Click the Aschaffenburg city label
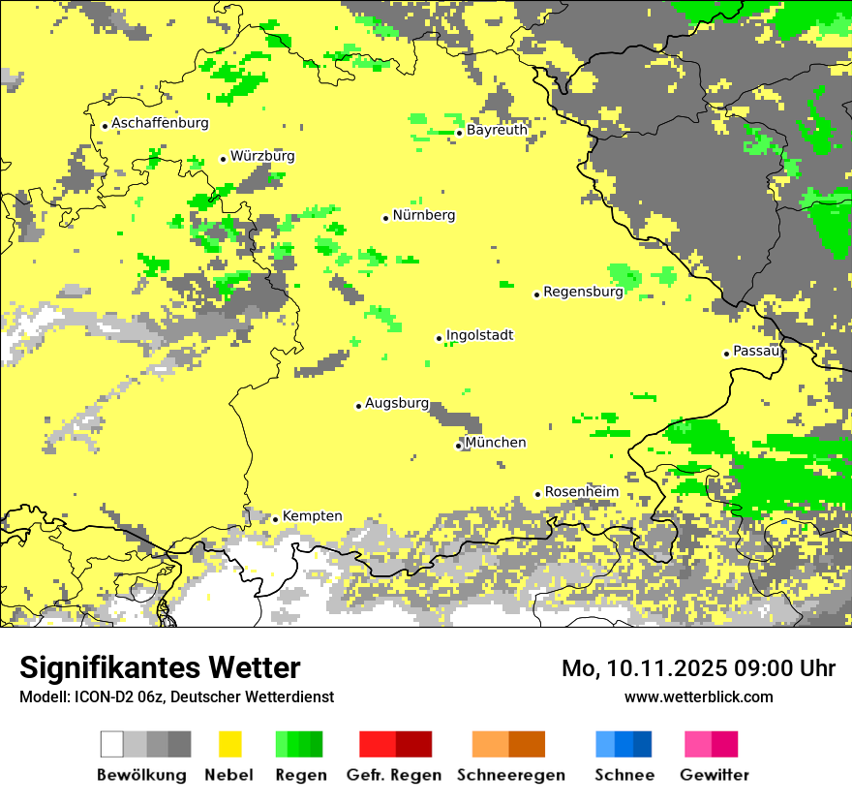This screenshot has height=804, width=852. click(160, 124)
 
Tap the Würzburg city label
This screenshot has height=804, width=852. click(262, 157)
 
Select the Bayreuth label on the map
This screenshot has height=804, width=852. click(497, 130)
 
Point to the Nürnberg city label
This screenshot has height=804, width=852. click(424, 216)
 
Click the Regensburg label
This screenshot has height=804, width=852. click(583, 292)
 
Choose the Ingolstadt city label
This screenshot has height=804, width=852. click(479, 336)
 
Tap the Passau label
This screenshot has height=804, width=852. click(756, 352)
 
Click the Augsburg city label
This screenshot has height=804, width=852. click(397, 404)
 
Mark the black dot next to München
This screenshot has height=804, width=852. click(458, 446)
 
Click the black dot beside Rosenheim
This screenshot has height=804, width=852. click(538, 495)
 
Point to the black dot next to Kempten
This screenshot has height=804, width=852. click(275, 519)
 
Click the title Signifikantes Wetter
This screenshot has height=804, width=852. click(160, 668)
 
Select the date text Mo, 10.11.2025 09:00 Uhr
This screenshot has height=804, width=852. click(698, 668)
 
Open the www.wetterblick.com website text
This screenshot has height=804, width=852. click(698, 696)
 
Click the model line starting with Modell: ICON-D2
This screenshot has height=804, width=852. click(176, 696)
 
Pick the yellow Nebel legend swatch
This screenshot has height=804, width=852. click(229, 744)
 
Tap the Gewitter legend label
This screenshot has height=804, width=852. click(714, 775)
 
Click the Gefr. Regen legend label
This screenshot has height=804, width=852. click(393, 775)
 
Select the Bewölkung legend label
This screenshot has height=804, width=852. click(141, 775)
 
